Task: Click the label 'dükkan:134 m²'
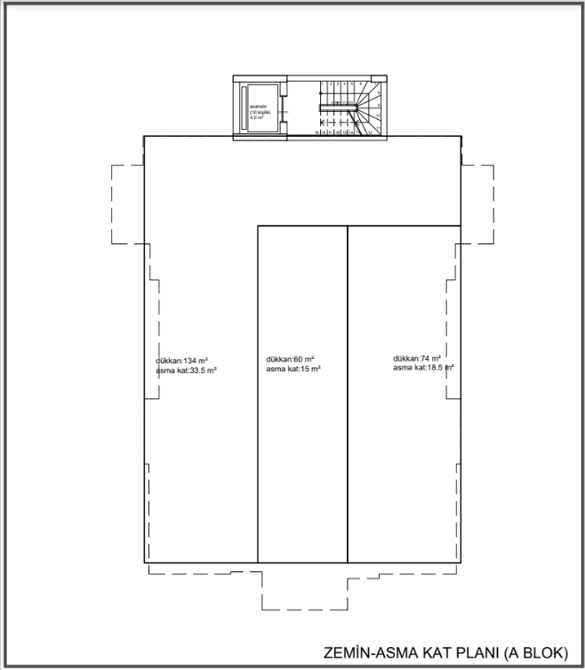coord(180,360)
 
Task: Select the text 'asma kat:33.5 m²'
coord(187,370)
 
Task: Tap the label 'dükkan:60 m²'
coord(289,360)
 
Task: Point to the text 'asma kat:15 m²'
coord(292,369)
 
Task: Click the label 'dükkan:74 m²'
coord(417,359)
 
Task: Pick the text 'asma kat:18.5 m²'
coord(423,368)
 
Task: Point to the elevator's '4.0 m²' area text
coord(257,116)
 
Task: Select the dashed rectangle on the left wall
coord(126,204)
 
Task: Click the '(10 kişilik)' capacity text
coord(258,111)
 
